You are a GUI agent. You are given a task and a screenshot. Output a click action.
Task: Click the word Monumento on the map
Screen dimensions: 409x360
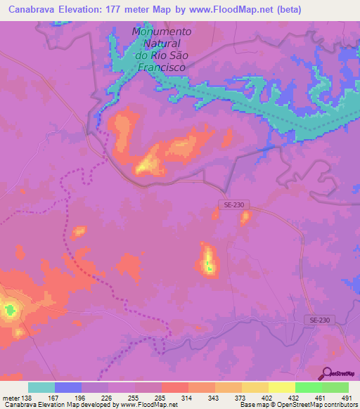click(161, 32)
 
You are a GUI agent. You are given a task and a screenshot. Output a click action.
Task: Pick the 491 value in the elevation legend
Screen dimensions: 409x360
click(346, 397)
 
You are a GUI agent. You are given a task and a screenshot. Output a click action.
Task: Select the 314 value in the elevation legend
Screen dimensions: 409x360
click(188, 397)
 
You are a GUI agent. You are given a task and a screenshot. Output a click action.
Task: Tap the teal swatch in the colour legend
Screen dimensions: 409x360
click(41, 387)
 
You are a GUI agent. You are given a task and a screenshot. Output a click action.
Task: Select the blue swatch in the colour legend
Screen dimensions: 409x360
click(68, 387)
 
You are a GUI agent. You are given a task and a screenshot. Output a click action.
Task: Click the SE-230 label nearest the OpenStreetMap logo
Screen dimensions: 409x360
click(321, 320)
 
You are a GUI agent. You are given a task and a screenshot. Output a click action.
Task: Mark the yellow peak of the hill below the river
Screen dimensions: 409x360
click(148, 166)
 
